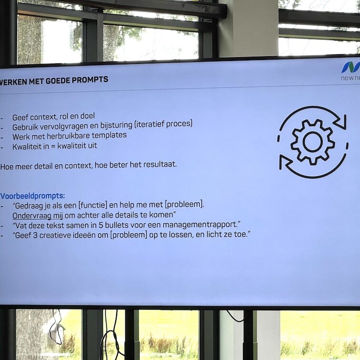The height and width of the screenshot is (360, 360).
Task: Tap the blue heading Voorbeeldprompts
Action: pyautogui.click(x=33, y=195)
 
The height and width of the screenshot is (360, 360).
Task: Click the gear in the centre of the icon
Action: pyautogui.click(x=312, y=142)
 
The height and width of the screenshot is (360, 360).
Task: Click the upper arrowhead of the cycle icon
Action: pyautogui.click(x=340, y=123)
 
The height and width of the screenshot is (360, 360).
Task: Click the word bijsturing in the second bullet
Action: pyautogui.click(x=116, y=124)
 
